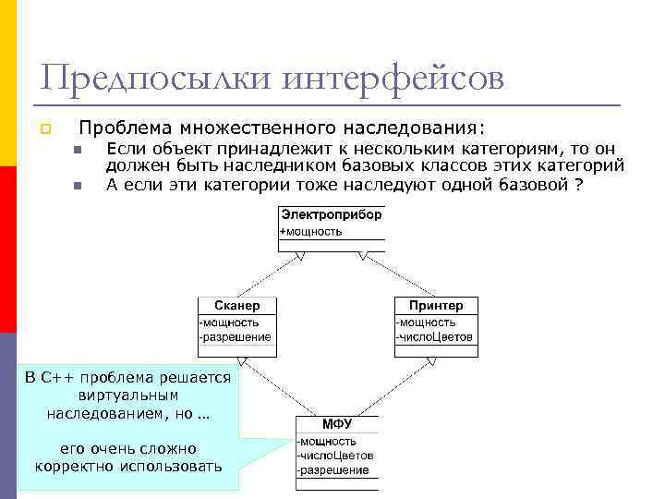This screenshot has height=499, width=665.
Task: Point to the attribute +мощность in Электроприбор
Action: (x=311, y=231)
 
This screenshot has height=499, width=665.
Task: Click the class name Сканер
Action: (x=236, y=305)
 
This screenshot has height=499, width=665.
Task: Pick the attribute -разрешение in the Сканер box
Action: (x=236, y=337)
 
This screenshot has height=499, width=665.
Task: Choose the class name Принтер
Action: (x=435, y=305)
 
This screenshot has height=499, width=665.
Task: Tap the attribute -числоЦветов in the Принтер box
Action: (x=434, y=337)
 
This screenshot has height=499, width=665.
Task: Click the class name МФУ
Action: (x=336, y=424)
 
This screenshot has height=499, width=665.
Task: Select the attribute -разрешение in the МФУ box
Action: (x=332, y=470)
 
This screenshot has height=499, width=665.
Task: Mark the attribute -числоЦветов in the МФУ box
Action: (x=335, y=456)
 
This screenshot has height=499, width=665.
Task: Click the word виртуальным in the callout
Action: (x=127, y=396)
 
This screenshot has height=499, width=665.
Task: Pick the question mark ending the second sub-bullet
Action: (x=578, y=184)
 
